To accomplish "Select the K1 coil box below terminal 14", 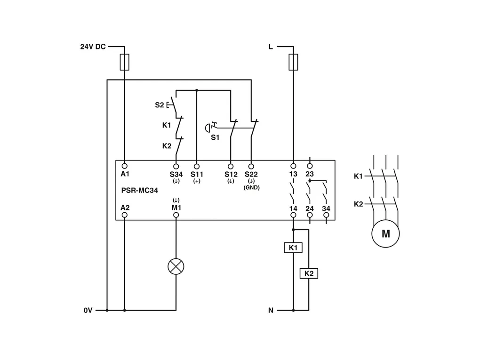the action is tap(293, 248).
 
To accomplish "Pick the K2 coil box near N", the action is tap(309, 273).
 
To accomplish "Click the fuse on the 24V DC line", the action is tap(125, 62).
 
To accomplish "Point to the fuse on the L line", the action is tap(293, 62).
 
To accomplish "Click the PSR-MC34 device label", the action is tap(140, 191).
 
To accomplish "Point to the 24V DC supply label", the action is tap(93, 47).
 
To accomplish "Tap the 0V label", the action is tap(88, 311).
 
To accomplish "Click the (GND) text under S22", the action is tap(252, 187).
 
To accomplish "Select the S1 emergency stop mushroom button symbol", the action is tap(207, 128).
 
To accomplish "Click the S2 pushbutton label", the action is tap(160, 105).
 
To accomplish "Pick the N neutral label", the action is tap(271, 311).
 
